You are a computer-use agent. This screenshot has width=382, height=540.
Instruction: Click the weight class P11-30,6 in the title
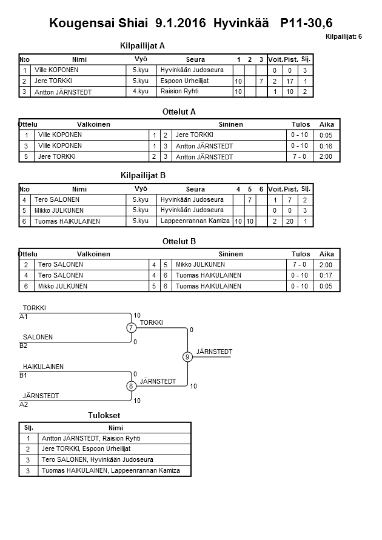click(x=307, y=23)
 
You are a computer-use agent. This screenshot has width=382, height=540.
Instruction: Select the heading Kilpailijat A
click(x=142, y=45)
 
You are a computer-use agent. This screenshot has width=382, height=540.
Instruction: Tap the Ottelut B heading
click(x=179, y=241)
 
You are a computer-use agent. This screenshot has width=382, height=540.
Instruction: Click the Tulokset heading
click(x=105, y=416)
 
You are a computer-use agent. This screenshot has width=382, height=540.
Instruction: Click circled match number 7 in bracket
click(x=131, y=328)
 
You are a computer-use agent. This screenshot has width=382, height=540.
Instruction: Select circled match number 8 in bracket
click(x=131, y=386)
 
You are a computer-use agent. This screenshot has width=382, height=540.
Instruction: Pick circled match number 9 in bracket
click(x=187, y=357)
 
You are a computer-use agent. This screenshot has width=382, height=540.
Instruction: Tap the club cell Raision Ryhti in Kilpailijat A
click(x=179, y=92)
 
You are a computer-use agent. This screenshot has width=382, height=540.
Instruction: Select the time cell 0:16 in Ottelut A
click(x=326, y=146)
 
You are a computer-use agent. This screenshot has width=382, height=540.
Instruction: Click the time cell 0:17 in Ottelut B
click(x=326, y=275)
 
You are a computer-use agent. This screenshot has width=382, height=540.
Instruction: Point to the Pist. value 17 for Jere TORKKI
click(x=290, y=81)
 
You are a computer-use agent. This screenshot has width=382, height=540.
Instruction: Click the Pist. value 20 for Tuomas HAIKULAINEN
click(x=290, y=222)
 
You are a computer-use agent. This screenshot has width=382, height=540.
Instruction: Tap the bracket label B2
click(x=24, y=346)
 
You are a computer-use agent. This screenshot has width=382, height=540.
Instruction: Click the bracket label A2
click(x=24, y=404)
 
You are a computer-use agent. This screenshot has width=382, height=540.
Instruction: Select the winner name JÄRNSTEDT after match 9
click(x=214, y=352)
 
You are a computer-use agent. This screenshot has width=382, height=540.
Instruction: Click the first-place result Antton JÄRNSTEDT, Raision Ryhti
click(x=91, y=438)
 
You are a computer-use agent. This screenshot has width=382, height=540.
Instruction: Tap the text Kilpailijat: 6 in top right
click(x=344, y=37)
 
